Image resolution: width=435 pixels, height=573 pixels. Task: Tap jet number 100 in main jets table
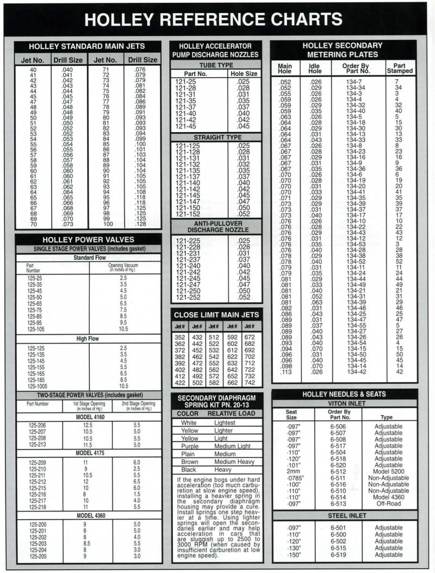(x=108, y=224)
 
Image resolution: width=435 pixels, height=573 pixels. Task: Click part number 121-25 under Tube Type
(x=186, y=82)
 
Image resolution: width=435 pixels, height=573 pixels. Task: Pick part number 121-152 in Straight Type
(x=188, y=214)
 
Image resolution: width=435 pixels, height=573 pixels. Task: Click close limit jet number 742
(x=250, y=382)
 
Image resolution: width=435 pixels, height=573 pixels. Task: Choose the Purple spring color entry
(x=190, y=446)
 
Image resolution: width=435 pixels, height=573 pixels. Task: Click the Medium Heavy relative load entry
(x=235, y=462)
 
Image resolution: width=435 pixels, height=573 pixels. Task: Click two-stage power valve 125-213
(x=37, y=444)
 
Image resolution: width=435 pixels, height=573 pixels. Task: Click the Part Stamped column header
(x=399, y=68)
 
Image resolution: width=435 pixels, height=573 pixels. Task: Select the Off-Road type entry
(x=388, y=503)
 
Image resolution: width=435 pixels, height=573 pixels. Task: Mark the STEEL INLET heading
(x=345, y=515)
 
